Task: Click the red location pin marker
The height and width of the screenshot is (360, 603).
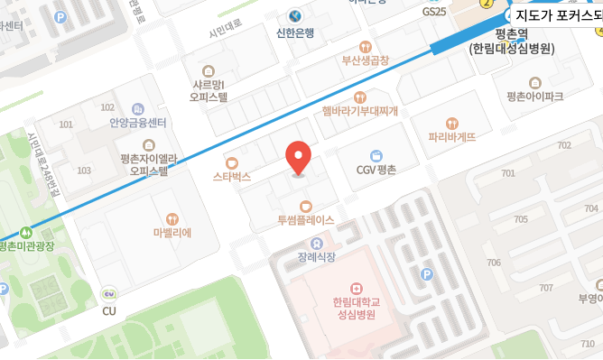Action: tap(299, 159)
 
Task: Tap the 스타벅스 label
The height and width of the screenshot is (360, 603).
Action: tap(232, 177)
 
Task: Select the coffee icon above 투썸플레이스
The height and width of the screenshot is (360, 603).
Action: tap(305, 207)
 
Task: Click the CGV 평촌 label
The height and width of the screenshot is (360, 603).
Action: tap(376, 170)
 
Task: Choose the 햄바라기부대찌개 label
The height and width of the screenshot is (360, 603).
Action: tap(360, 111)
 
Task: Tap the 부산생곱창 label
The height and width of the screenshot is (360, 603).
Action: tap(365, 61)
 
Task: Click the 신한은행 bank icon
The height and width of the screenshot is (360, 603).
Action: tap(295, 16)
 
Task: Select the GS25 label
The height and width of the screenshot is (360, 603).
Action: tap(434, 12)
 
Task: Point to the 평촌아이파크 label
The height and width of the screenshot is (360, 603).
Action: tap(534, 96)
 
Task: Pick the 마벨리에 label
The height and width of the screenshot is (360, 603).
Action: tap(172, 232)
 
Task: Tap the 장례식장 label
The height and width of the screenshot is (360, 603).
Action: tap(316, 257)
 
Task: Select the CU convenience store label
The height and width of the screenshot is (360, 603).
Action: tap(109, 311)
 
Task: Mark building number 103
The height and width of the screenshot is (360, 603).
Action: tap(84, 171)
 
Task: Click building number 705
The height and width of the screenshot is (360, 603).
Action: tap(521, 219)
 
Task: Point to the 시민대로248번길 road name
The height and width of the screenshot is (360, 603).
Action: tap(42, 162)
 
